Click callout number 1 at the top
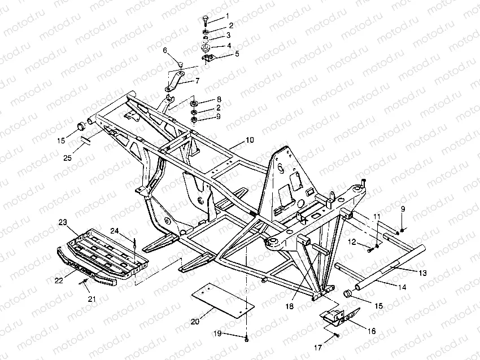(228, 16)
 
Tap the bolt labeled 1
(205, 19)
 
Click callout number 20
(195, 322)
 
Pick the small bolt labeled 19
(247, 338)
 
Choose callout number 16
(372, 331)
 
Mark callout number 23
(62, 222)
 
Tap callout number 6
(165, 50)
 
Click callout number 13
(423, 273)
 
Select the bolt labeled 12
(369, 249)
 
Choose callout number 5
(237, 54)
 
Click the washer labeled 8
(194, 104)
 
